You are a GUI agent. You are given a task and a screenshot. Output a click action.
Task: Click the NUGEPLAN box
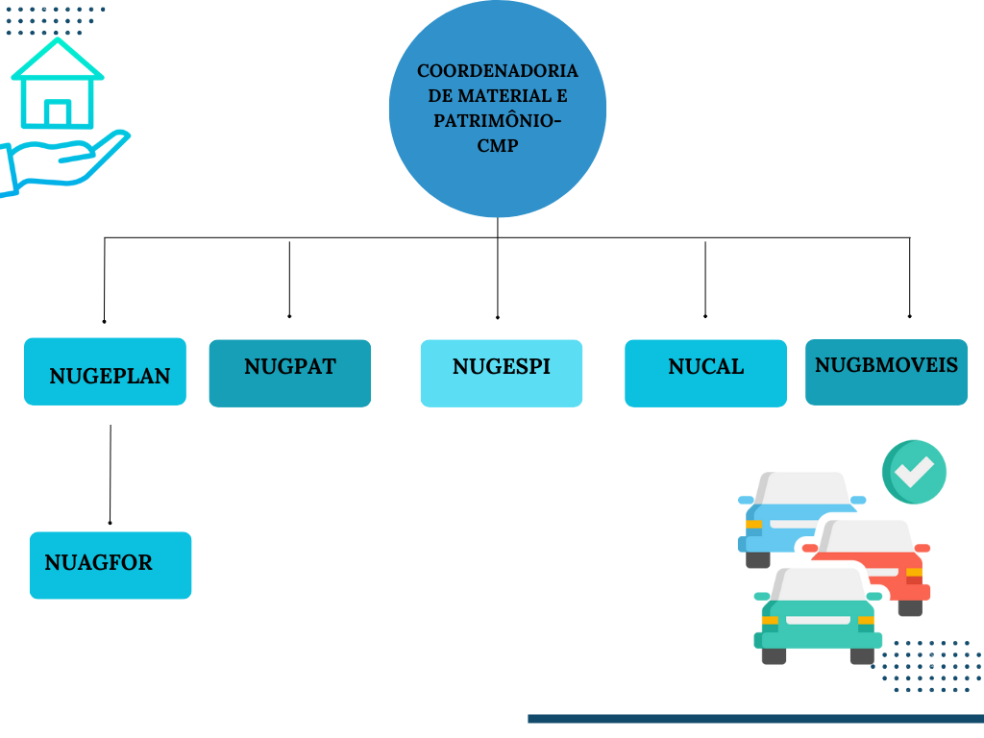click(x=105, y=371)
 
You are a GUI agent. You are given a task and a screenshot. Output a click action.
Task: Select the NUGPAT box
click(x=289, y=373)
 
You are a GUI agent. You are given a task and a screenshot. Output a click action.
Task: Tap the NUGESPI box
click(x=501, y=373)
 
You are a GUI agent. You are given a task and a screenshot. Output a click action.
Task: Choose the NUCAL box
click(x=705, y=373)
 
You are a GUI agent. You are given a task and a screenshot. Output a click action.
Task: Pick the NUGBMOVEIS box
click(x=885, y=371)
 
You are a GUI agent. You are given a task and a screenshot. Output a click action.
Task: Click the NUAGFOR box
click(x=111, y=565)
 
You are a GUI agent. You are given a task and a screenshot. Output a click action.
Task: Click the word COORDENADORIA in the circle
click(x=498, y=71)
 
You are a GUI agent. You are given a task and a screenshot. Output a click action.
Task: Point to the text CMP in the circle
click(x=498, y=146)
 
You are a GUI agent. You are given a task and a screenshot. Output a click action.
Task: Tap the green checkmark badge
click(x=915, y=472)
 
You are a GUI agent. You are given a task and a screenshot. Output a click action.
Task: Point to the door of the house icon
click(x=58, y=113)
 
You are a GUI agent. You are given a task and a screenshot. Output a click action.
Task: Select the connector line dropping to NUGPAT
click(x=289, y=279)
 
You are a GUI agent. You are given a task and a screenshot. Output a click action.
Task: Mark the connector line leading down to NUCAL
click(x=705, y=279)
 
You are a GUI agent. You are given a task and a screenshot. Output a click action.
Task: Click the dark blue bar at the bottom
click(x=755, y=718)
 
